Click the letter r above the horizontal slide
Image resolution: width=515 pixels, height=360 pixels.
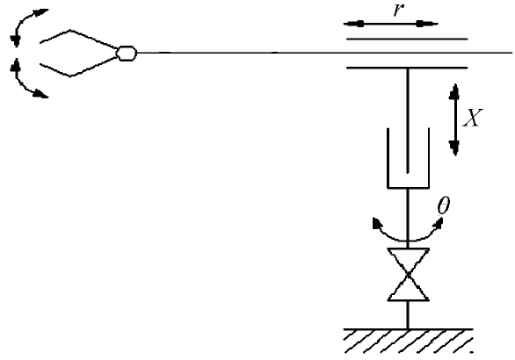[398, 10]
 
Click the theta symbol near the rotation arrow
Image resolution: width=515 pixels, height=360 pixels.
[444, 206]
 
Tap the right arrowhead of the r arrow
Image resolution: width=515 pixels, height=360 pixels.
[427, 24]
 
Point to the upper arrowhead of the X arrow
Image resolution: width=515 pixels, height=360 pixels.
[455, 91]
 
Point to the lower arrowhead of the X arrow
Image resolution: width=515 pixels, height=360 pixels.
[455, 148]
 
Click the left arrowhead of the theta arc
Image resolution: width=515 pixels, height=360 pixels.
[377, 223]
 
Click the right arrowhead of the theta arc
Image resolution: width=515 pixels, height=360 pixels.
[439, 223]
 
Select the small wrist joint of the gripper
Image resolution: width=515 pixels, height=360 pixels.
[127, 54]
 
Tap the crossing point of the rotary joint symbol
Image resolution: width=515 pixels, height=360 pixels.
[409, 275]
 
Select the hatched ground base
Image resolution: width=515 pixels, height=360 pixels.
[409, 341]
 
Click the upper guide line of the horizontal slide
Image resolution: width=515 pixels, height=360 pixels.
[407, 39]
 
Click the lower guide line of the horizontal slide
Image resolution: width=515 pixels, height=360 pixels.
[407, 68]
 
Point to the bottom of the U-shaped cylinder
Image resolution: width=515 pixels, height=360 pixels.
[409, 188]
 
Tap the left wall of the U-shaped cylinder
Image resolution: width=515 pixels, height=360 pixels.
[388, 158]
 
